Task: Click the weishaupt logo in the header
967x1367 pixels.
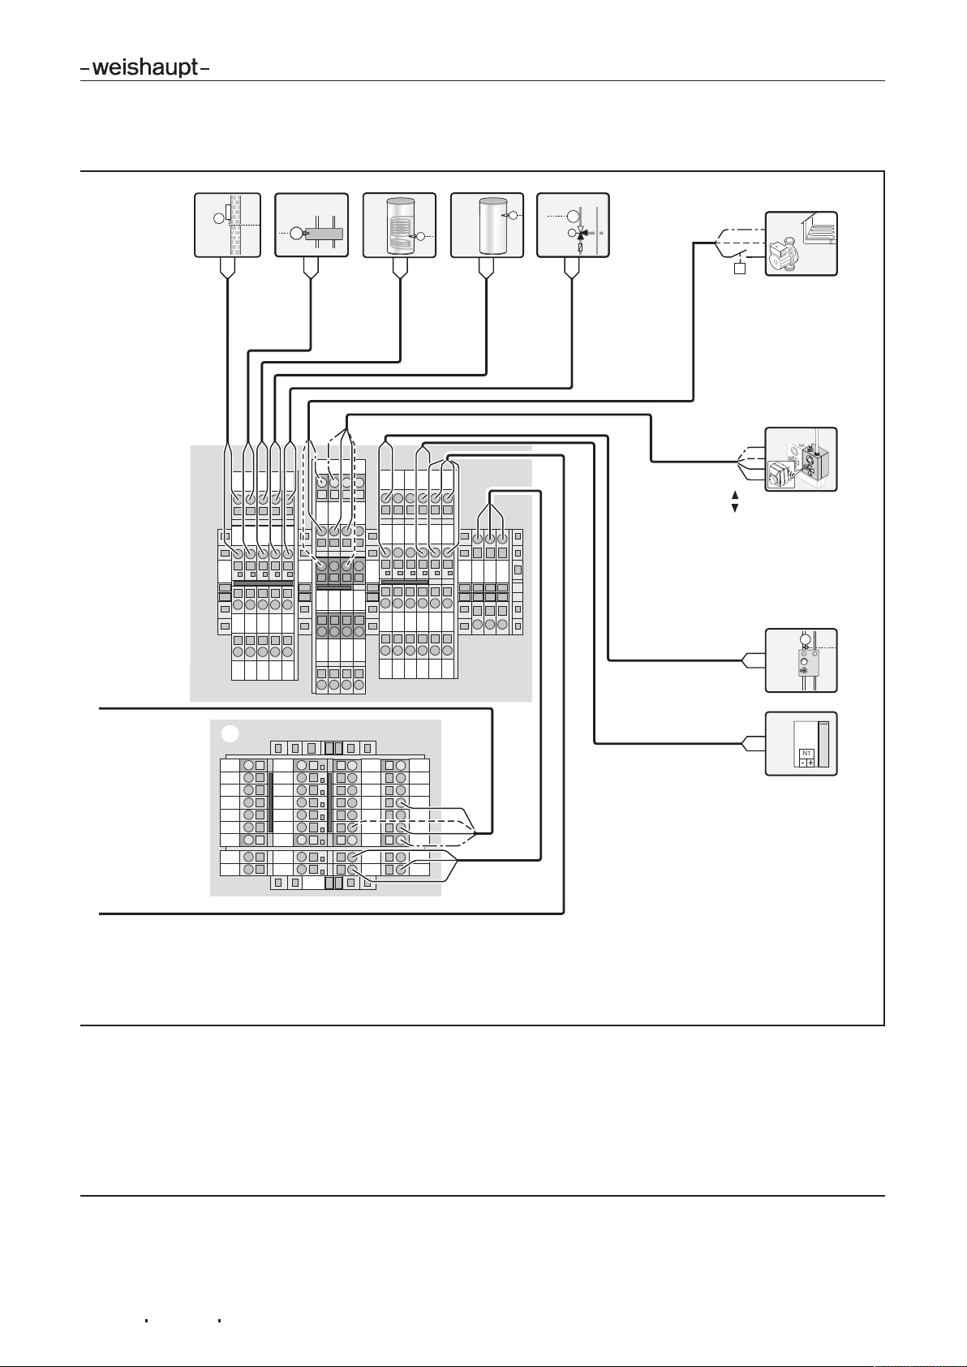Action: coord(145,67)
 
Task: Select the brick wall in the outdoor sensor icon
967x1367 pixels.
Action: coord(235,226)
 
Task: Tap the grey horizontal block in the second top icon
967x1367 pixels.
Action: coord(324,234)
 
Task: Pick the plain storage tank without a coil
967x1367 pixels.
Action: coord(493,226)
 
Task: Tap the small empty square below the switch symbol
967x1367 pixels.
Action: coord(739,268)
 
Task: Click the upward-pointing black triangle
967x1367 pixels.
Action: coord(734,495)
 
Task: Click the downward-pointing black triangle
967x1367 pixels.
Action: coord(734,508)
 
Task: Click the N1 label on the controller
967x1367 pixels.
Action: coord(806,753)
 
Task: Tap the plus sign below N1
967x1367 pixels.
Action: coord(810,763)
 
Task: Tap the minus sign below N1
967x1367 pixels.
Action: coord(803,763)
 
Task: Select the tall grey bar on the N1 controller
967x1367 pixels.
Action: coord(823,745)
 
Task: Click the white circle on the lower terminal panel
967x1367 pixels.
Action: coord(230,733)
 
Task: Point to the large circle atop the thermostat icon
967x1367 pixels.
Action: coord(805,640)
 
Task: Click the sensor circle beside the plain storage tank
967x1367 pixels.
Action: coord(513,215)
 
